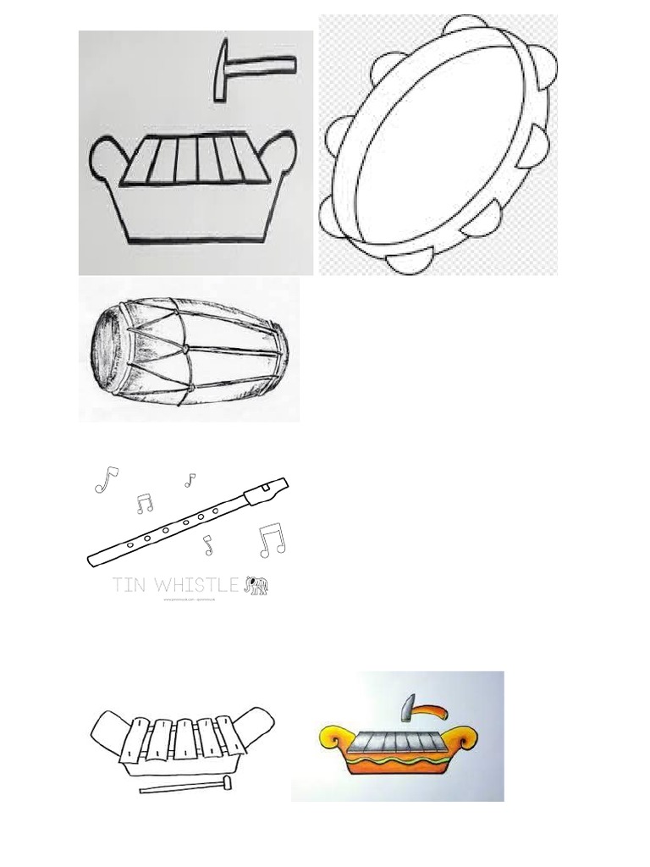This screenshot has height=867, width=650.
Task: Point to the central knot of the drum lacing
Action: pos(185,348)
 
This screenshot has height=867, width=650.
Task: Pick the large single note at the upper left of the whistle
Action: pos(106,480)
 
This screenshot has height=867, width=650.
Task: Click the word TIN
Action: pos(131,585)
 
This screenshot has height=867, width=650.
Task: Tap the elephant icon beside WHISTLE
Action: pos(256,586)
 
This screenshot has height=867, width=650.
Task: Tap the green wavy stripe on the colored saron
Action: pos(398,757)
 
